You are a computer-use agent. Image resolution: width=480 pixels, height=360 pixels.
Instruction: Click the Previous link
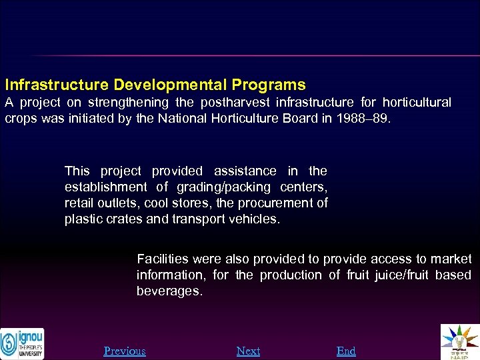[125, 351]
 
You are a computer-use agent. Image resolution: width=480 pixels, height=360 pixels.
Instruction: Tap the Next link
[248, 351]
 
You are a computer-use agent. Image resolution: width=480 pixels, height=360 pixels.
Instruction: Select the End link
[346, 351]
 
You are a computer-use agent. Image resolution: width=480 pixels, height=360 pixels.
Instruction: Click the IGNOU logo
[22, 343]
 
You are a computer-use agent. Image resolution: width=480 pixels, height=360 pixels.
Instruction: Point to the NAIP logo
[460, 342]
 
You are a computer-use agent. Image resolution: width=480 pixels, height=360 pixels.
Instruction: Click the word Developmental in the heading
[169, 85]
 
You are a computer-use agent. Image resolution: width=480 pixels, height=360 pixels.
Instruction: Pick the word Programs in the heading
[269, 85]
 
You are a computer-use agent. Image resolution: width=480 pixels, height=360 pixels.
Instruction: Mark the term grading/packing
[230, 187]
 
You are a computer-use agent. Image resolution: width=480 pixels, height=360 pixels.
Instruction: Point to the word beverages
[169, 291]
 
